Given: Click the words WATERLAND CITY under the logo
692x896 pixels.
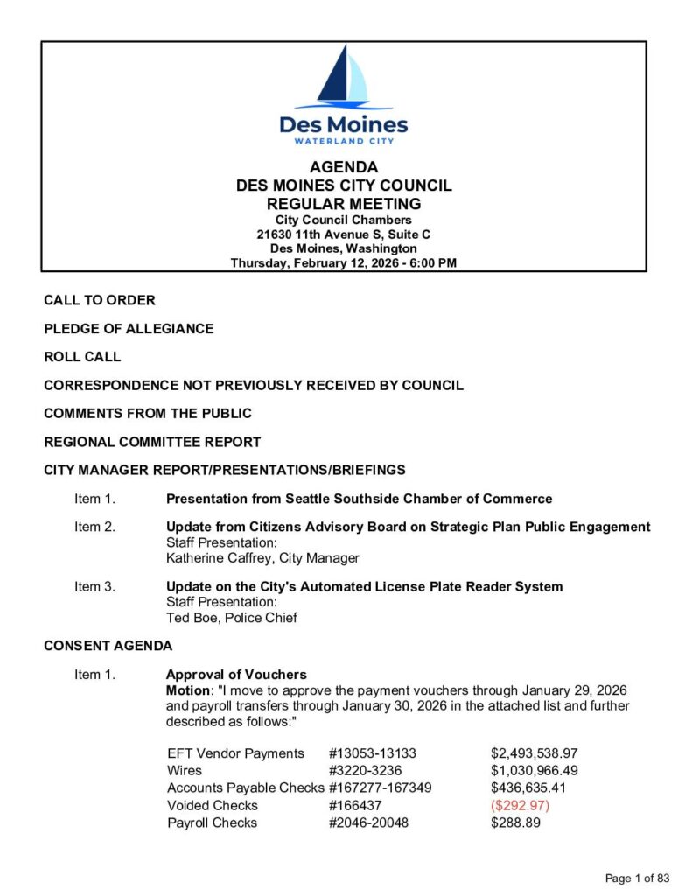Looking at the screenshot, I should point(344,141).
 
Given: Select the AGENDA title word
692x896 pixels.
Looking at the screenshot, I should point(344,167).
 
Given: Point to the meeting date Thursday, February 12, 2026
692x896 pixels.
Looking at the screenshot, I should point(343,262).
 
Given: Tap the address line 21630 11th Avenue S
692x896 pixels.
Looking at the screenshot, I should point(343,234).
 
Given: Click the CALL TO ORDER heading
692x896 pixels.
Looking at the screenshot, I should point(100,300).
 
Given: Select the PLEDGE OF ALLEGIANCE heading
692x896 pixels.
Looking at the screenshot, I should point(129,329).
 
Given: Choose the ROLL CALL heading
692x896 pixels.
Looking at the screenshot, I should point(82,357).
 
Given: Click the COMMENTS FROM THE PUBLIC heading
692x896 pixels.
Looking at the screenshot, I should point(148,413).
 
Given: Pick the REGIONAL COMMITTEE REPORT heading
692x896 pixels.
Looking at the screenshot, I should point(152,442).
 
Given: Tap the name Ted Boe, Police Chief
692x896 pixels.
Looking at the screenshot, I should point(231,618).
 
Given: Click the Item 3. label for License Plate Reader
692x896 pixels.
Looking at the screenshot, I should point(94,586).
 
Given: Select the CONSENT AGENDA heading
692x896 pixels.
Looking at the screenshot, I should point(108,646).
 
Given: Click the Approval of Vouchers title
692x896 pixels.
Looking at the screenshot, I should point(236,675).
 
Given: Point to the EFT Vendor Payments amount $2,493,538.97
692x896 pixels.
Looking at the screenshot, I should point(535,753).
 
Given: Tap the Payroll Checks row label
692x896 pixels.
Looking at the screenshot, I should point(213,822).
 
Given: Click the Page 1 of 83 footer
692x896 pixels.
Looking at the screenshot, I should point(637,878).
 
